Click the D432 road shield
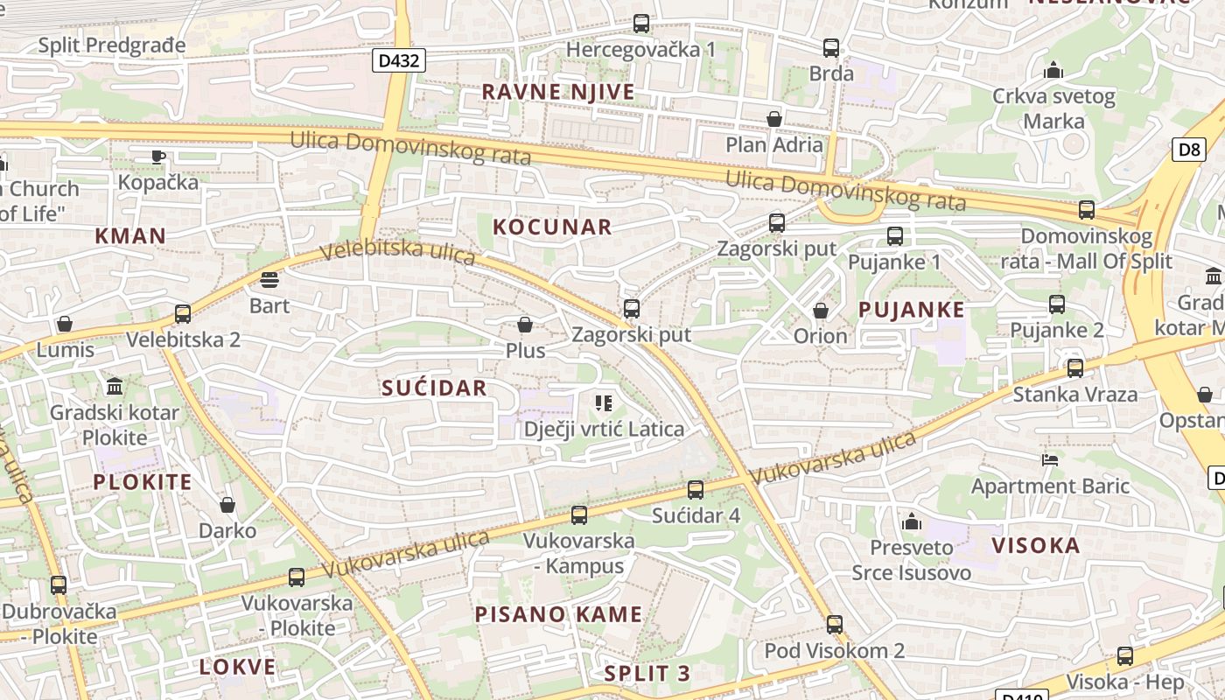(x=400, y=60)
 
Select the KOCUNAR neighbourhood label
(x=552, y=227)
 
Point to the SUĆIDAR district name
(x=434, y=388)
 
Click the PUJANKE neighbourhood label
(x=911, y=309)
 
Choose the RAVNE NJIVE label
(x=558, y=92)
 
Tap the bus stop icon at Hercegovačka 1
(x=641, y=24)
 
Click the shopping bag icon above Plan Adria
(x=773, y=118)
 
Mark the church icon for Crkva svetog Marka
(x=1053, y=69)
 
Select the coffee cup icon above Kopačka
(x=157, y=157)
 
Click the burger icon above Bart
(x=269, y=280)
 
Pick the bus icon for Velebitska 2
(x=183, y=313)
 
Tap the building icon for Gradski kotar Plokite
(x=114, y=386)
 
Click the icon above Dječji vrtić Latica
(x=603, y=402)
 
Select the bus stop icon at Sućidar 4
(x=696, y=489)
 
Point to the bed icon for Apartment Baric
(x=1050, y=459)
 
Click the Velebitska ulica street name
(x=398, y=252)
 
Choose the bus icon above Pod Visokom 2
(x=835, y=624)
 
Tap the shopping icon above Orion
(x=821, y=310)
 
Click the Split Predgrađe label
(x=112, y=45)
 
